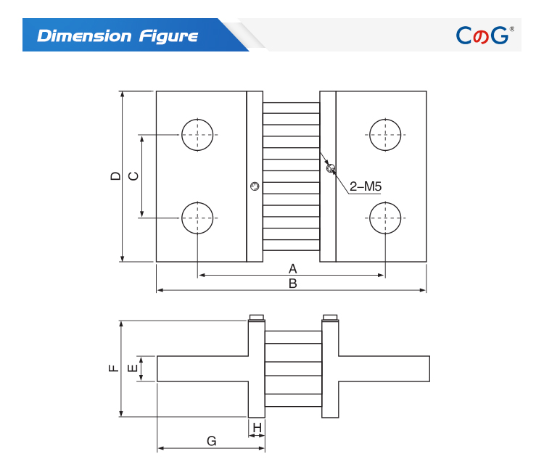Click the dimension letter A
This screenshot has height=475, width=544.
[293, 268]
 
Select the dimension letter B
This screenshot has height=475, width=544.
[293, 284]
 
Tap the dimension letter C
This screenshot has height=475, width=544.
[133, 176]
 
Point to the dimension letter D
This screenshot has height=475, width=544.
[115, 176]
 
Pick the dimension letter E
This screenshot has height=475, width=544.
[133, 368]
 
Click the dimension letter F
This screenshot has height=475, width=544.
[114, 368]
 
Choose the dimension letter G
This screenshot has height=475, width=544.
[212, 441]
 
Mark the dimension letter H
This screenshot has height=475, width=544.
[257, 427]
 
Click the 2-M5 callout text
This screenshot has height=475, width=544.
[366, 186]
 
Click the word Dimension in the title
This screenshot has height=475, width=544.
[84, 36]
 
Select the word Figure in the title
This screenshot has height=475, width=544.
[169, 36]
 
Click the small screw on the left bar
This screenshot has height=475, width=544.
[255, 186]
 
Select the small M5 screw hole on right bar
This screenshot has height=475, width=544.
[331, 169]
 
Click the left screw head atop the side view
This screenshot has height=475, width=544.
[257, 317]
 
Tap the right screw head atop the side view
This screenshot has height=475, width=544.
[330, 317]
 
